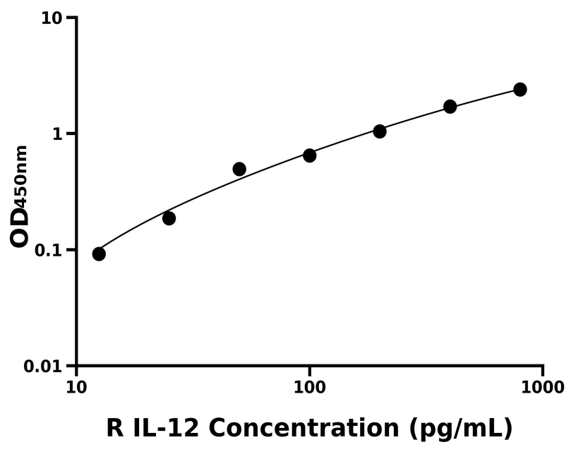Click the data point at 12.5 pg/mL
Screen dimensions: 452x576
[99, 254]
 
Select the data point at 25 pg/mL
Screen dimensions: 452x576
[169, 218]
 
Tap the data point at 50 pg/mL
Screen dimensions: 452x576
[239, 169]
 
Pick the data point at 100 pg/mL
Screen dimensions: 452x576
[309, 155]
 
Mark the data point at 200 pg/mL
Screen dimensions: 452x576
[380, 131]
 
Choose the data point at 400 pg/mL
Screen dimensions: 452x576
[450, 107]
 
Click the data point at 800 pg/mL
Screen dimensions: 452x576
[520, 89]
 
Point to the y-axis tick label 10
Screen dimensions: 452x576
[51, 18]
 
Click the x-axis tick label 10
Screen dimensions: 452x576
[76, 387]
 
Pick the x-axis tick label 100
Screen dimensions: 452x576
[309, 387]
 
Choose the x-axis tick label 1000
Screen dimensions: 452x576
[542, 387]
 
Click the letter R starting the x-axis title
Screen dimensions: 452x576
[116, 428]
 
